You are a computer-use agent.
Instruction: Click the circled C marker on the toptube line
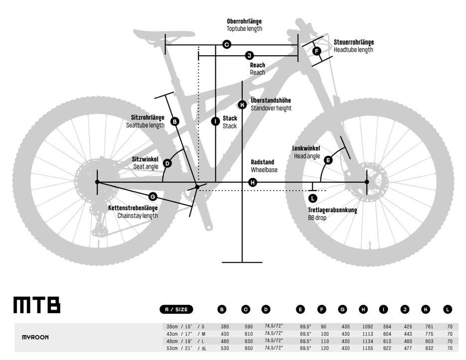tap(227, 45)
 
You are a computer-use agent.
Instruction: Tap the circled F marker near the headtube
tap(317, 51)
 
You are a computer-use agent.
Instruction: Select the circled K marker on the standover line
tap(243, 105)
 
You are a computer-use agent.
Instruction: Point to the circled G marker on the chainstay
tap(153, 197)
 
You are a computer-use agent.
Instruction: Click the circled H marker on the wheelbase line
tap(253, 182)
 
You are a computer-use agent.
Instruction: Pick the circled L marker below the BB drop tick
tap(312, 198)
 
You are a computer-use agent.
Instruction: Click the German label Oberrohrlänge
tap(244, 21)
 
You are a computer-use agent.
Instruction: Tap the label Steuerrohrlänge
tap(354, 42)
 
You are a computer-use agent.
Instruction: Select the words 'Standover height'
tap(271, 109)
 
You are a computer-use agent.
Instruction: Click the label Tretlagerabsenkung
tap(332, 210)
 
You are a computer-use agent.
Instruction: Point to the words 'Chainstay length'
tap(138, 216)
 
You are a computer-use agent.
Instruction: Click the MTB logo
tap(37, 305)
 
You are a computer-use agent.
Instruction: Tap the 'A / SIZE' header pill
tap(176, 310)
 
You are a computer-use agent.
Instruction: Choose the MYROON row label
tap(35, 338)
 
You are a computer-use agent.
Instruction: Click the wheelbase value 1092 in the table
tap(368, 327)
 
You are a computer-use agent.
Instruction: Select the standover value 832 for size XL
tap(430, 348)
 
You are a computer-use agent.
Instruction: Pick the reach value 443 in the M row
tap(408, 334)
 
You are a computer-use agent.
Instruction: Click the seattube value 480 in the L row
tap(225, 341)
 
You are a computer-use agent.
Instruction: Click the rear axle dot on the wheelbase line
tap(97, 182)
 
